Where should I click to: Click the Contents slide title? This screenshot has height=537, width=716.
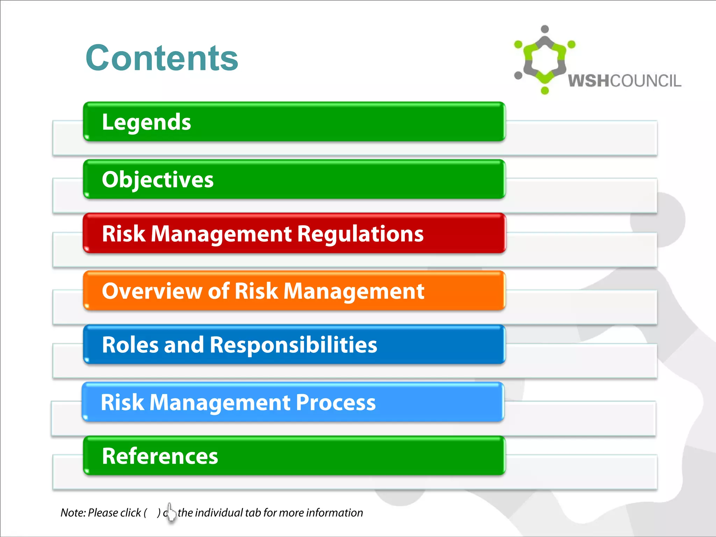coord(162,58)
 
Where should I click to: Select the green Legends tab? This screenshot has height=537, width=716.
coord(294,122)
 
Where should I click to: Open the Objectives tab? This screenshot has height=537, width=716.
coord(294,180)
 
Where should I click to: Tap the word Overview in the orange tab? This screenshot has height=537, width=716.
coord(151,291)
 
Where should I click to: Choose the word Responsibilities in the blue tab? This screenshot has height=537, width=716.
coord(293,345)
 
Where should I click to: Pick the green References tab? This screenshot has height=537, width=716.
coord(294,456)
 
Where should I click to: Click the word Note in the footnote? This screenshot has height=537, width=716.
coord(72,513)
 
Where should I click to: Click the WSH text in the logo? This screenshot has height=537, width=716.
coord(589,81)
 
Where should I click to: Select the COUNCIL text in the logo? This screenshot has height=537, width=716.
coord(646,81)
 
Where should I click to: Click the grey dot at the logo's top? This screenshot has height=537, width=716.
coord(545,29)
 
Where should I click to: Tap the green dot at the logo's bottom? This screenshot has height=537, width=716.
coord(545,91)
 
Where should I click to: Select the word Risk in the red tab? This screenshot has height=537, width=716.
coord(123,234)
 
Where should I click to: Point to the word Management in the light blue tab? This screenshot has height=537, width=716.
coord(220,402)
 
